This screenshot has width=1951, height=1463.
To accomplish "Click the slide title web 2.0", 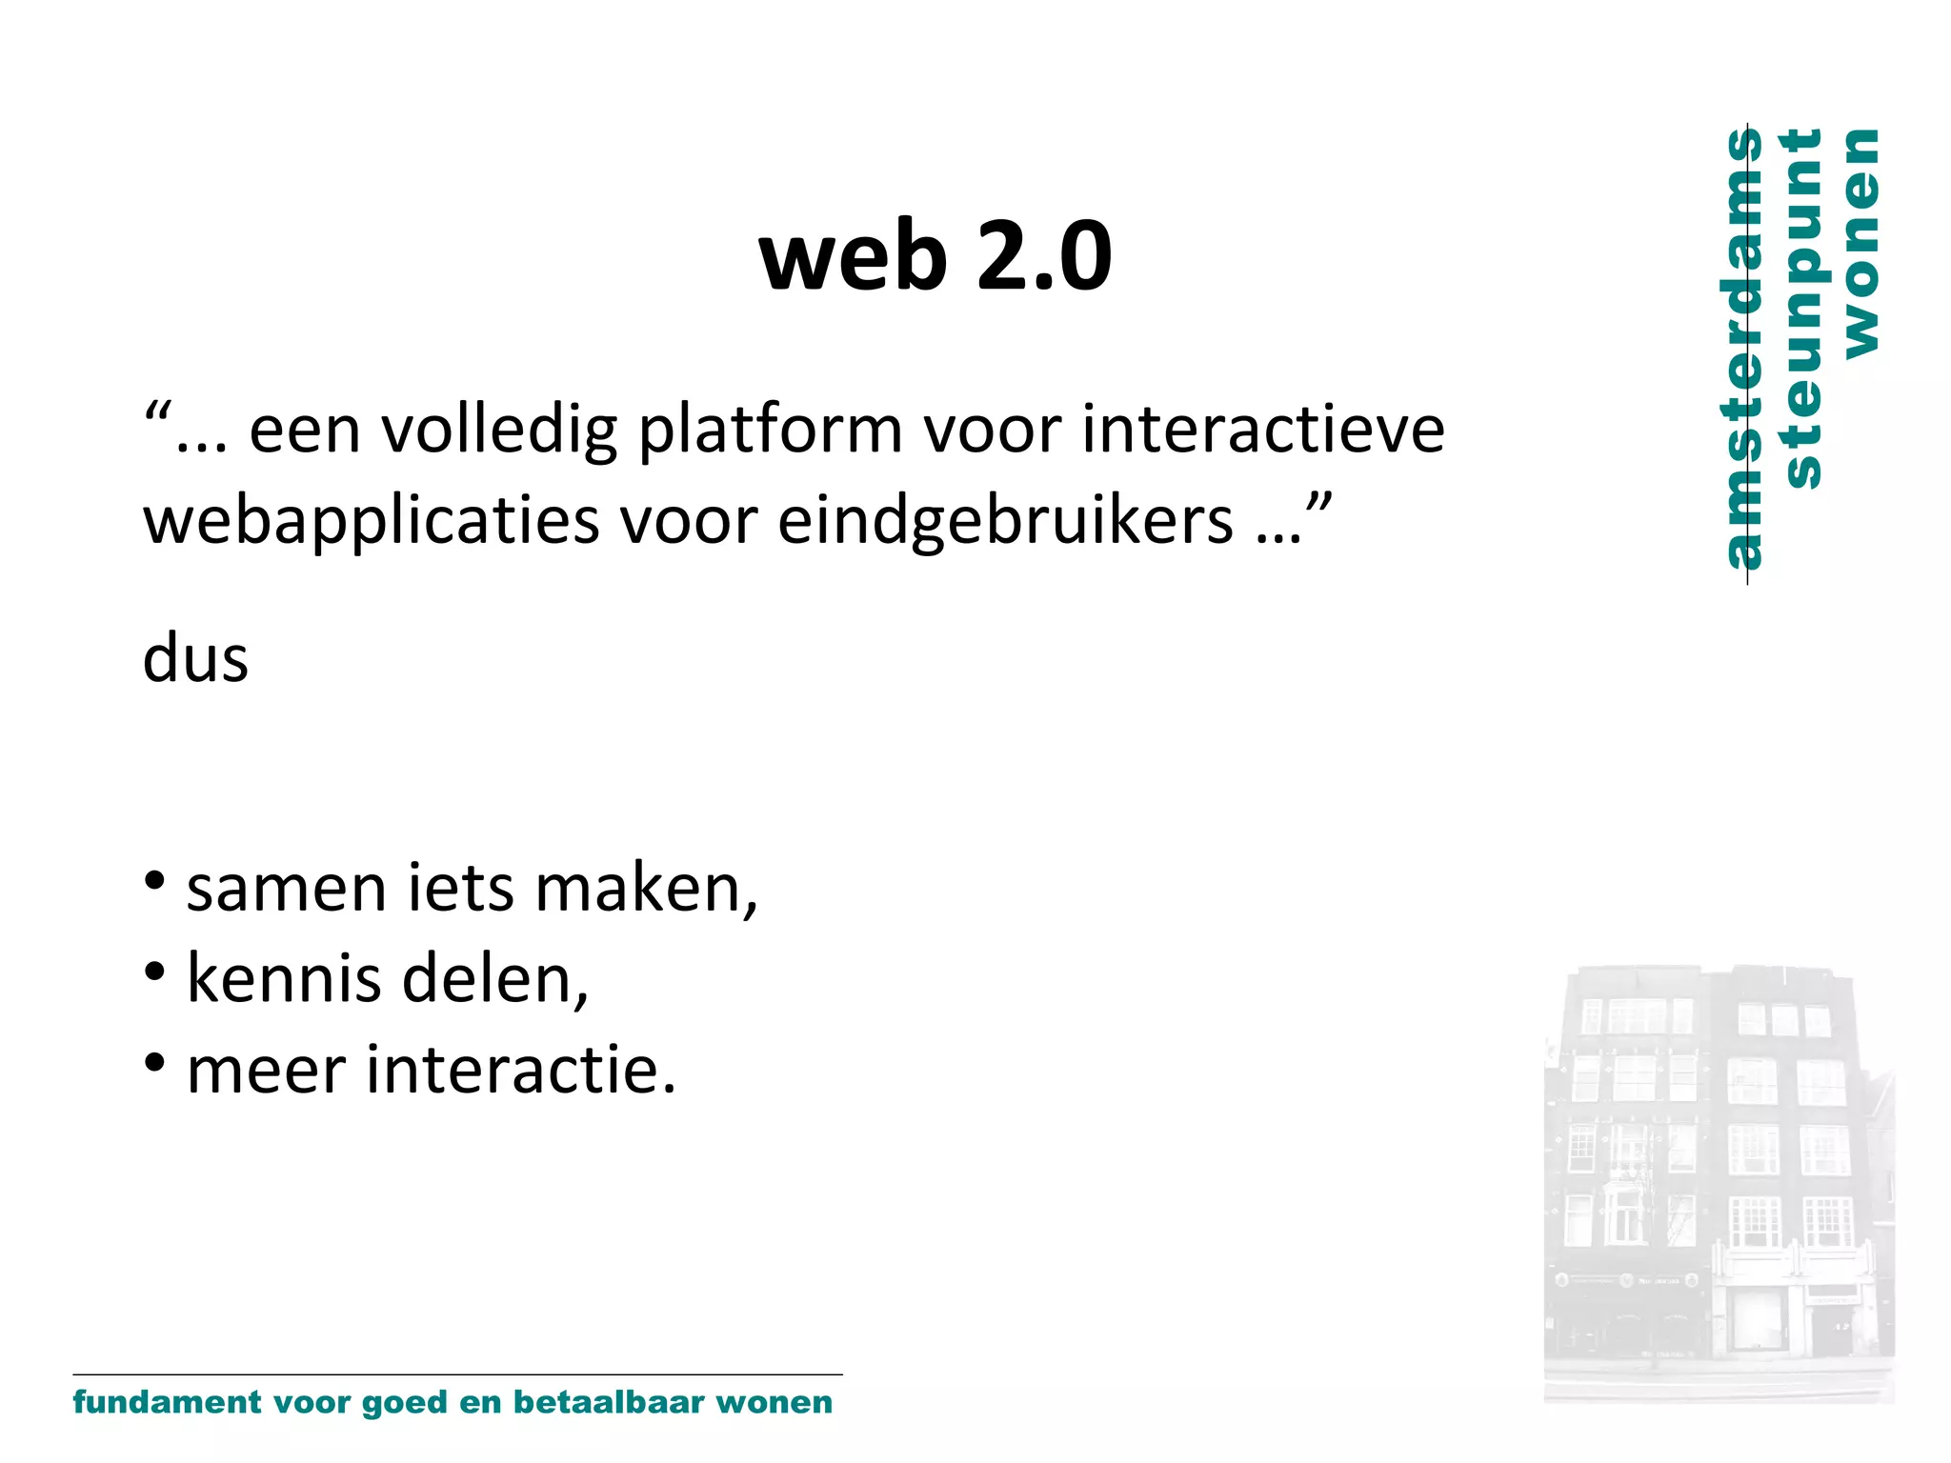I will coord(935,255).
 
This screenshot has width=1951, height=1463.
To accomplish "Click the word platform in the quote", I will coord(769,431).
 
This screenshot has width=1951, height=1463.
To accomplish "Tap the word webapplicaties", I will coord(372,522).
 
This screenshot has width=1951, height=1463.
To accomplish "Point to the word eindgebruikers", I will coord(1005,522).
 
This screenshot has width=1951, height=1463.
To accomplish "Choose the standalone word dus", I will coord(195,658).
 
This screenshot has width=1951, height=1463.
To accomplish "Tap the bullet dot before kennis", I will coord(154,972).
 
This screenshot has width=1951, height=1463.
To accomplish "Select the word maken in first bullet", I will coord(646,889).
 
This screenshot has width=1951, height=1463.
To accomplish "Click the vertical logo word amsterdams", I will coord(1743,349).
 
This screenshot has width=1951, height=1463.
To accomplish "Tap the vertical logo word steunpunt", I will coord(1802,309).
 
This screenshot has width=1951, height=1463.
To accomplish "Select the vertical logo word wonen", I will coord(1861,244).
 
